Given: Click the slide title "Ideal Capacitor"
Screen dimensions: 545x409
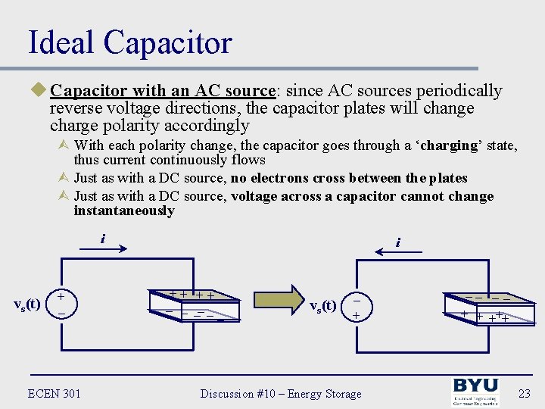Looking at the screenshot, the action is (x=129, y=42).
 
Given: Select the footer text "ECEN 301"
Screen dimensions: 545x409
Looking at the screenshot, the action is (x=54, y=393).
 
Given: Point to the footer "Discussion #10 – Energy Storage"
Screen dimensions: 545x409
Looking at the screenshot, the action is (x=281, y=393).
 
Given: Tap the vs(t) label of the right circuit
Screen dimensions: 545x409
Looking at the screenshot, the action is (x=323, y=307).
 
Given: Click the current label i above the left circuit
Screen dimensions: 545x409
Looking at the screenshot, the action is (x=102, y=239).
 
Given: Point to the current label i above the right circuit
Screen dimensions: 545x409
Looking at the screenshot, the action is (x=397, y=243).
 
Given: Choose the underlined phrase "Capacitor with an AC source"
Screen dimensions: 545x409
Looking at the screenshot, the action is (x=162, y=91).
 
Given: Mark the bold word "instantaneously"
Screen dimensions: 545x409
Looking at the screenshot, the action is (x=124, y=211).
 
